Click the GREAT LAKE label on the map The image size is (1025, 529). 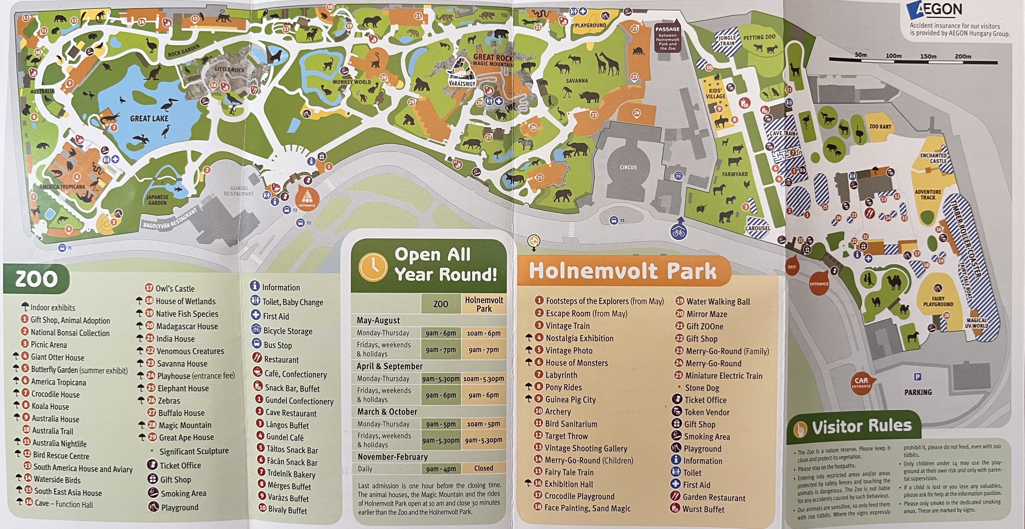(149, 119)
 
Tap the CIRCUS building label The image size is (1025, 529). (628, 167)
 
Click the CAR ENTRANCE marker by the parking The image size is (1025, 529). (861, 382)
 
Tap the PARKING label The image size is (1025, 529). (918, 392)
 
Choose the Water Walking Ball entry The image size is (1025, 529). (718, 302)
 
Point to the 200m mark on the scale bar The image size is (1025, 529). (963, 57)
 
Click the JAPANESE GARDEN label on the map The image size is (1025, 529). (157, 200)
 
